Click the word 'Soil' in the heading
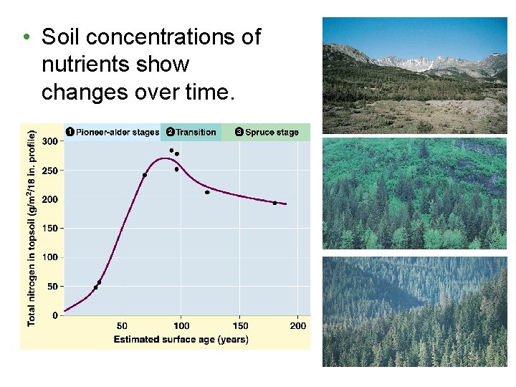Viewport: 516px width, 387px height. click(x=60, y=37)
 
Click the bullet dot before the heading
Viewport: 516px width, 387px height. click(x=26, y=37)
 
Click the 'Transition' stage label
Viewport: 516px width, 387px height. click(x=196, y=132)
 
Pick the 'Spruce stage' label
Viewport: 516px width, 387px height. click(x=272, y=132)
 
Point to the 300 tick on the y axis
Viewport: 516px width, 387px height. click(x=49, y=141)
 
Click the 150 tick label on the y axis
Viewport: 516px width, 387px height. click(x=49, y=228)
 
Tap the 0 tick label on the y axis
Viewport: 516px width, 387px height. click(x=55, y=315)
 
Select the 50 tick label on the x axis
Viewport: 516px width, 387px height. click(x=123, y=326)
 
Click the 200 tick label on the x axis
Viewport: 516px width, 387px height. click(x=297, y=326)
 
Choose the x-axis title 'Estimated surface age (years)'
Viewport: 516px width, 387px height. click(x=181, y=340)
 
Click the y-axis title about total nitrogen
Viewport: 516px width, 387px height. click(x=32, y=226)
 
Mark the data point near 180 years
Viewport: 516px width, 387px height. click(x=274, y=203)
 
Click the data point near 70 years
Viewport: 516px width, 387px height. click(x=145, y=175)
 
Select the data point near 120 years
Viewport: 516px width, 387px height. click(x=207, y=192)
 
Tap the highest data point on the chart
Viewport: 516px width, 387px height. click(x=171, y=150)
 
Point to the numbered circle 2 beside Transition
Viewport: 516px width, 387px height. click(x=170, y=132)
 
